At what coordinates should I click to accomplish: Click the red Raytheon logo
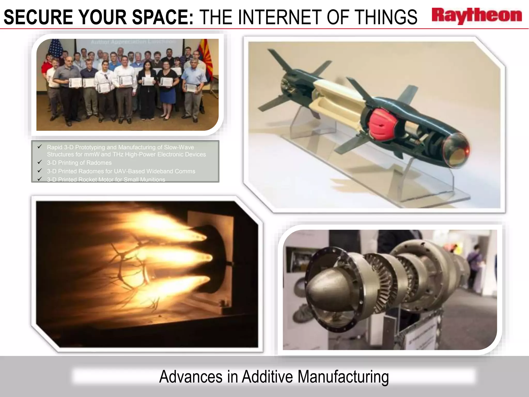tap(477, 16)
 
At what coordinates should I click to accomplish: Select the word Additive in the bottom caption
tap(267, 377)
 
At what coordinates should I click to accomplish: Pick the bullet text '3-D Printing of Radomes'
tap(79, 163)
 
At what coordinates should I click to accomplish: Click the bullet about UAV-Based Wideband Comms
tap(121, 171)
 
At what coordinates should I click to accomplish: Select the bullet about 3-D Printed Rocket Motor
tap(106, 180)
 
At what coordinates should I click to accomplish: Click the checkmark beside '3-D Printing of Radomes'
tap(40, 162)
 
